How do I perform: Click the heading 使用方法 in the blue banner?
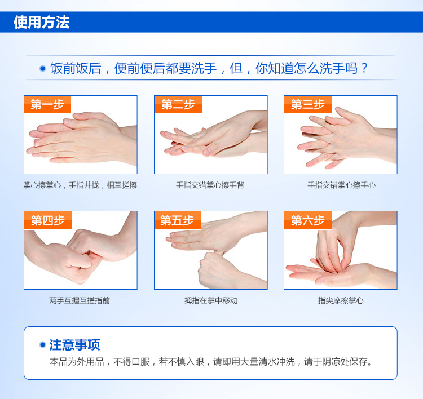42,22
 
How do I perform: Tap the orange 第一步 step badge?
47,104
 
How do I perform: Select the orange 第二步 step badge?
178,104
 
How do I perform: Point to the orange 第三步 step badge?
308,104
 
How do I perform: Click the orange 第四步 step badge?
48,220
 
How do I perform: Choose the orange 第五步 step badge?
178,220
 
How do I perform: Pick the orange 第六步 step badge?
308,220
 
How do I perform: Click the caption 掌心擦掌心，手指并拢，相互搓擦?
80,185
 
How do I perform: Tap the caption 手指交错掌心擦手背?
210,185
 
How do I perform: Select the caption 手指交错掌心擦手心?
341,185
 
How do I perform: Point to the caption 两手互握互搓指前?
80,300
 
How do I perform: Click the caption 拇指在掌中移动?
211,300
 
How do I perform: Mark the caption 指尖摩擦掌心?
341,300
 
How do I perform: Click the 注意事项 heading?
74,345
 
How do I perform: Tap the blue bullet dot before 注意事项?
43,344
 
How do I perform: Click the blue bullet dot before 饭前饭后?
43,69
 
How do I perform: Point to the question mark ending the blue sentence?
364,68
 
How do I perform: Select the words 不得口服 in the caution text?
131,362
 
